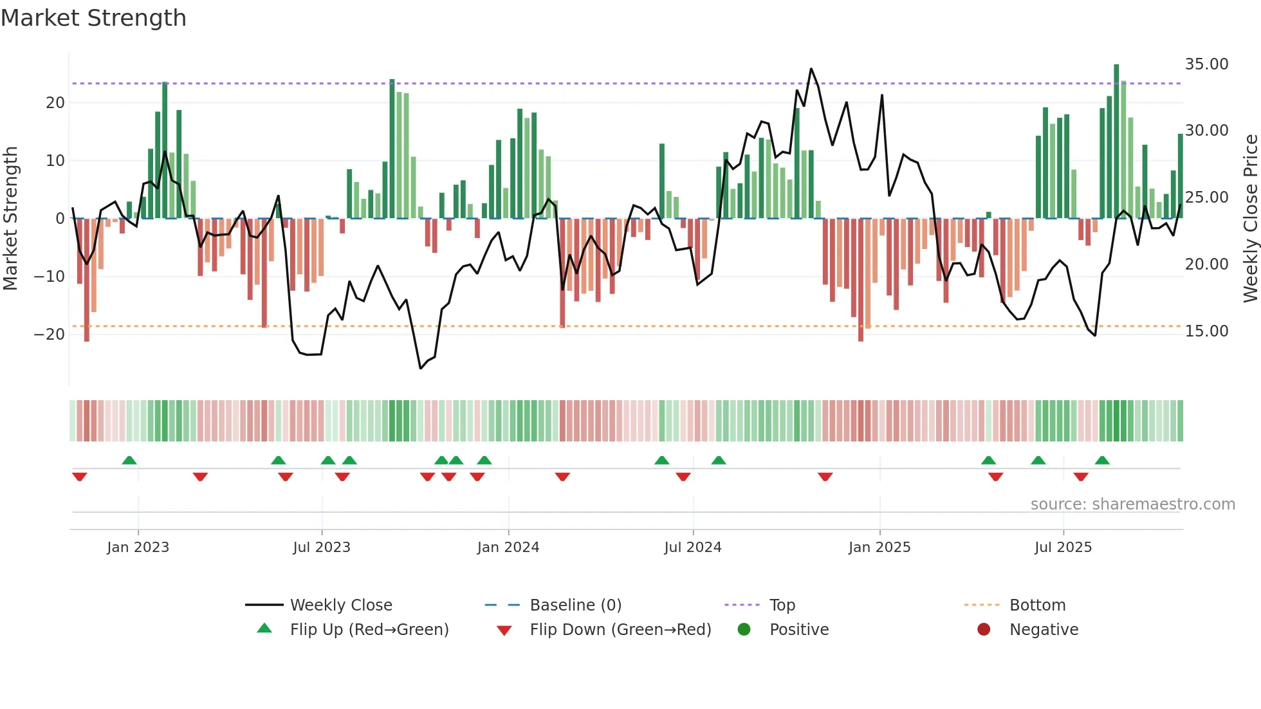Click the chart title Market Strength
93,18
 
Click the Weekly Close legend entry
340,605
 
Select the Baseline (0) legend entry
575,605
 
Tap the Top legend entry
782,605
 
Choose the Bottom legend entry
1037,605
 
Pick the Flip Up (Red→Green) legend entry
369,629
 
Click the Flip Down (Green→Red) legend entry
620,629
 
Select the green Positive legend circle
744,629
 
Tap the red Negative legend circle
984,629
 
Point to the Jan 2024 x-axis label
508,548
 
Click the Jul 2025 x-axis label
1063,548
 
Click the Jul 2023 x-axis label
321,548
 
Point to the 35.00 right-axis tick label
1206,64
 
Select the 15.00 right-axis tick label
1206,331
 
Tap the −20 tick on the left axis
50,335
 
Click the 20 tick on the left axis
55,103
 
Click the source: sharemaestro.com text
1132,504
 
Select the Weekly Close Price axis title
1250,219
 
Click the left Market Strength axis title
11,219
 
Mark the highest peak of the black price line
811,69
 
